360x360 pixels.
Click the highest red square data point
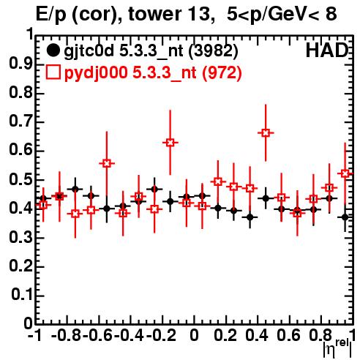coord(266,133)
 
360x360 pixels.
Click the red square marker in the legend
coord(53,72)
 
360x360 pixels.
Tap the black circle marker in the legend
coord(53,50)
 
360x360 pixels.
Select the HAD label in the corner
coord(327,50)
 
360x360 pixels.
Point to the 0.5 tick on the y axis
coord(39,180)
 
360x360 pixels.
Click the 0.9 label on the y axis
coord(20,64)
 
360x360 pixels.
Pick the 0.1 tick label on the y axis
coord(22,295)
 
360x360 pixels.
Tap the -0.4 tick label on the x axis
coord(129,335)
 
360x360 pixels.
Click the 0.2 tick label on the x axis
coord(225,335)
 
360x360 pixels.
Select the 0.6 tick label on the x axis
coord(288,335)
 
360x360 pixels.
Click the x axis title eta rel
coord(338,348)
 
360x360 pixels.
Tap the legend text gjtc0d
coord(89,51)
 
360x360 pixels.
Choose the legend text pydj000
coord(96,73)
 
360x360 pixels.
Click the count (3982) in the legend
coord(214,51)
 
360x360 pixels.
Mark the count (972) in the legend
coord(222,73)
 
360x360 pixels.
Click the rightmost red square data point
coord(345,173)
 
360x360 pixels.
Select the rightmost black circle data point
coord(345,217)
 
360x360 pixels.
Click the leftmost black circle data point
coord(43,198)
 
